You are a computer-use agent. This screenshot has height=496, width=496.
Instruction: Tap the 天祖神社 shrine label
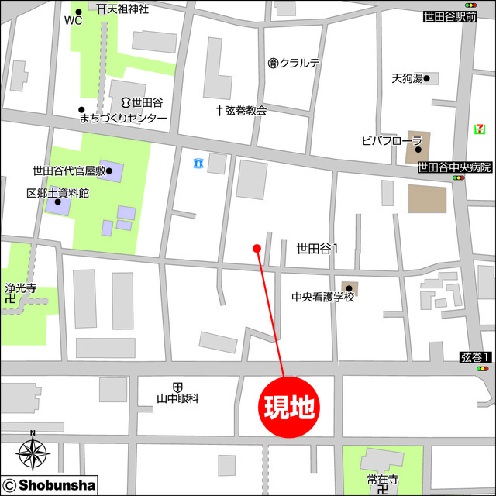coord(128,9)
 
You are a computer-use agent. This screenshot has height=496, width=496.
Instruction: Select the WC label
coord(73,21)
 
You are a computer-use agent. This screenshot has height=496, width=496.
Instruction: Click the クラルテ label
coord(299,63)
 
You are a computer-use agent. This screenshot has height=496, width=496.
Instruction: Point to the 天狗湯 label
coord(408,78)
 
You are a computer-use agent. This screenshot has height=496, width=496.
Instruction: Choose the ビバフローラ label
coord(391,140)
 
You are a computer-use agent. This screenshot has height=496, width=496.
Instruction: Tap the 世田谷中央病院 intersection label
coord(454,167)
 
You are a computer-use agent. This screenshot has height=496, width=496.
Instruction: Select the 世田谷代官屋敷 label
coord(68,170)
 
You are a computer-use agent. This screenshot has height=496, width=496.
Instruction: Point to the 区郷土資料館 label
coord(57,193)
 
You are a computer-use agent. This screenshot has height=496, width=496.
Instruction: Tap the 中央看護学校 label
coord(322,297)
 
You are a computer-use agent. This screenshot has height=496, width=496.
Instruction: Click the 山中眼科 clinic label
coord(178,398)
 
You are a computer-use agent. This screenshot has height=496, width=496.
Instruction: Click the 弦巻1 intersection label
coord(474,357)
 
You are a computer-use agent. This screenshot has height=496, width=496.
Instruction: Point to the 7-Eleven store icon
coord(481,129)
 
